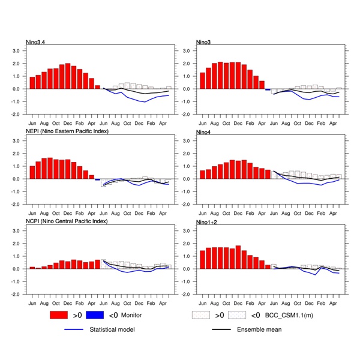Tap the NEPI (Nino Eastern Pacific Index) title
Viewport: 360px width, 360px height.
[x=67, y=131]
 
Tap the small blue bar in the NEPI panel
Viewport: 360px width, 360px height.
[x=97, y=179]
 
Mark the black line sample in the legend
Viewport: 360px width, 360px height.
[x=223, y=329]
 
